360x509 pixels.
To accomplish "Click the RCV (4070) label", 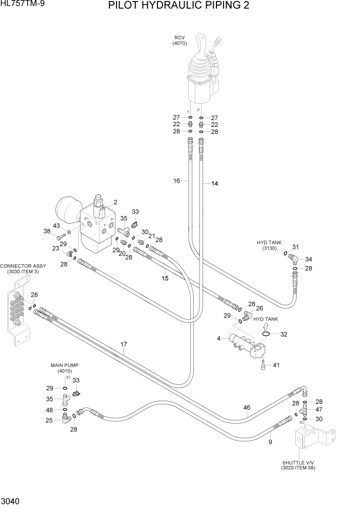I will (179, 41).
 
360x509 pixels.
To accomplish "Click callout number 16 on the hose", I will (177, 181).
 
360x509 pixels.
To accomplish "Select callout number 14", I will (214, 183).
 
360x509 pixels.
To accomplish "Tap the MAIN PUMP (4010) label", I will (64, 367).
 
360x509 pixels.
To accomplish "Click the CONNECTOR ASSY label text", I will (23, 268).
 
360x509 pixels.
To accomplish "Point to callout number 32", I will (284, 334).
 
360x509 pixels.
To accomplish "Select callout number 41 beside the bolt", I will (276, 365).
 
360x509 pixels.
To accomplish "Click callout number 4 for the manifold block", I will (219, 339).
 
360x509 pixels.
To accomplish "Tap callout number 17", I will (124, 344).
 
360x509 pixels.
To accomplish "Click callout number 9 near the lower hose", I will (270, 440).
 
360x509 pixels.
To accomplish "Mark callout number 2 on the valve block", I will (115, 202).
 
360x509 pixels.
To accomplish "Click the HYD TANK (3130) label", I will (269, 245).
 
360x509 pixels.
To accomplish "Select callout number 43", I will (56, 226).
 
